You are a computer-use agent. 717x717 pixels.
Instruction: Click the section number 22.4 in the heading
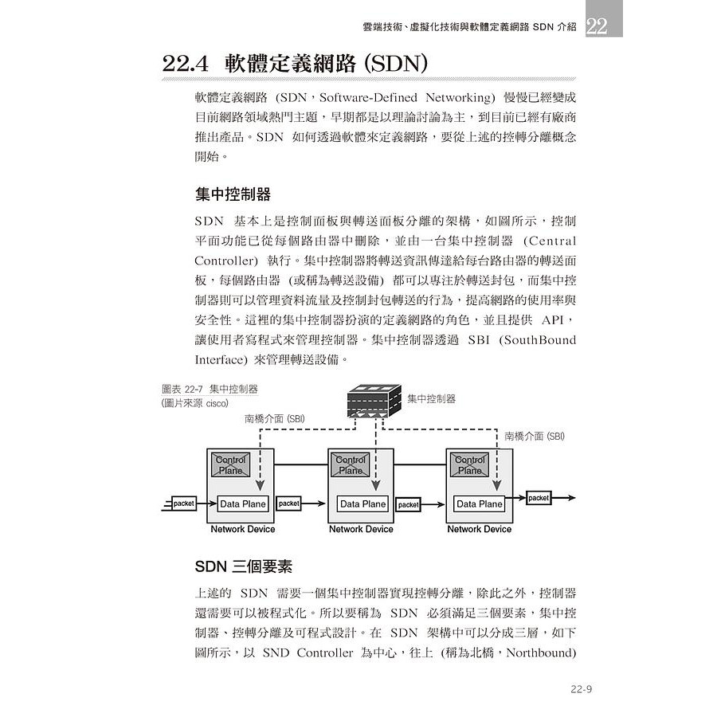coord(186,64)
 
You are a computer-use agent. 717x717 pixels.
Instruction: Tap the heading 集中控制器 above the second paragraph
coord(233,195)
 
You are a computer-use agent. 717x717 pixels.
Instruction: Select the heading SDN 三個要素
coord(244,566)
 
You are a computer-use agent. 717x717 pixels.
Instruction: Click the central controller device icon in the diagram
coord(374,404)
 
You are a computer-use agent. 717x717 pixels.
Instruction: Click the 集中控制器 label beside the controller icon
coord(432,398)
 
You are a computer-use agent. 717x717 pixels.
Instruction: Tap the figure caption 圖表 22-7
coord(210,390)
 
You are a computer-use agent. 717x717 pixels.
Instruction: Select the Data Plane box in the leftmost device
coord(243,503)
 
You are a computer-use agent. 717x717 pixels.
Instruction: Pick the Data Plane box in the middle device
coord(362,503)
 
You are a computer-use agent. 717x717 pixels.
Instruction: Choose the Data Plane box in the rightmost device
coord(479,503)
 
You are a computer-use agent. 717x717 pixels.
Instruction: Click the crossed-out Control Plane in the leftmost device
coord(231,464)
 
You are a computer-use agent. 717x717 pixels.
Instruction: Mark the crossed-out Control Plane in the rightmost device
coord(469,464)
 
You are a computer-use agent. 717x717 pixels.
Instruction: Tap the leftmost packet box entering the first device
coord(183,503)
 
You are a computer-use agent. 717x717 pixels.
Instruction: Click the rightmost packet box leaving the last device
coord(539,498)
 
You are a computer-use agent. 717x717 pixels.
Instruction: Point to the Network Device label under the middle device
coord(361,529)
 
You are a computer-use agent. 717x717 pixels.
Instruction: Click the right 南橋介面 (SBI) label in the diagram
coord(535,436)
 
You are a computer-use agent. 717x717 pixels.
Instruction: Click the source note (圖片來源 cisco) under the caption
coord(194,403)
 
